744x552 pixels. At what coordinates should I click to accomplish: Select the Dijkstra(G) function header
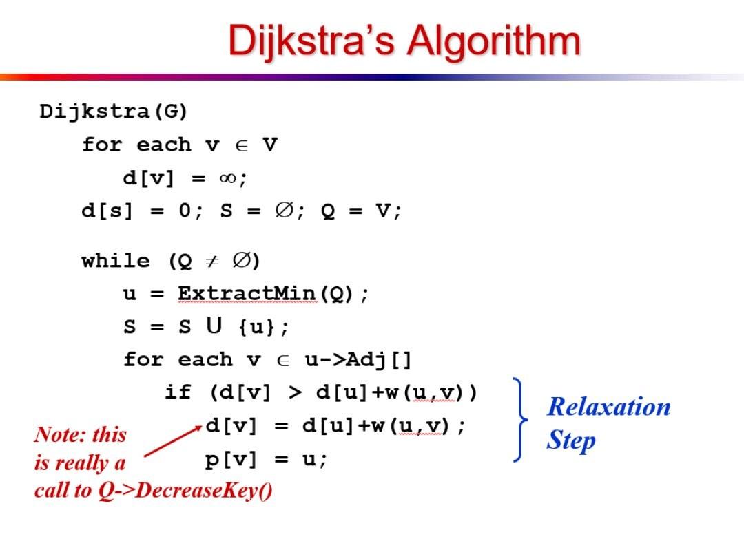114,112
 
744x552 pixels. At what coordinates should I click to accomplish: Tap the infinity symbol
227,178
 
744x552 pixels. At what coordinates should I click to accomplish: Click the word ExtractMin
247,293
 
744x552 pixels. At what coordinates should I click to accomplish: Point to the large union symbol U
214,326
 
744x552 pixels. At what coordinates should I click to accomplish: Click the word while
116,260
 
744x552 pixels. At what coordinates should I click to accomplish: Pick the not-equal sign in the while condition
212,260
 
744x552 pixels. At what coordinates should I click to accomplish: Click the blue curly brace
521,419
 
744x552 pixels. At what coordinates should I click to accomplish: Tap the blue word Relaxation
609,407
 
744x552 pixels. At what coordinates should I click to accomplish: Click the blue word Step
571,440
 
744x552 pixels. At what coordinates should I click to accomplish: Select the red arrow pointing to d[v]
173,440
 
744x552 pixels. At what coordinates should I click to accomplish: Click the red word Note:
60,434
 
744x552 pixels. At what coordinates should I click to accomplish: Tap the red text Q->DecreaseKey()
185,490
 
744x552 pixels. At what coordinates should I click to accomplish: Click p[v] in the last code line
231,460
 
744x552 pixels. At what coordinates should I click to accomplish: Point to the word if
178,392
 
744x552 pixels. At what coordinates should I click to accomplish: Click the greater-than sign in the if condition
295,392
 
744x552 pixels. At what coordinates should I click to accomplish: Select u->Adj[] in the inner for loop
358,359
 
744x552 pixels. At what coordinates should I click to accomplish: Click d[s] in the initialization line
107,211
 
